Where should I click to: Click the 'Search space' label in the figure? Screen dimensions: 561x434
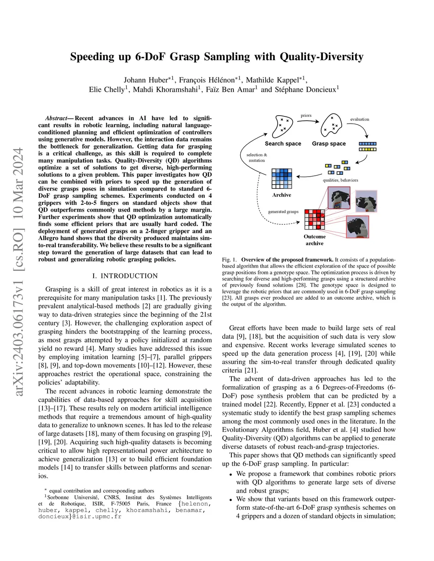(x=283, y=144)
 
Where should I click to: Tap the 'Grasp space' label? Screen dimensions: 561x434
(x=328, y=144)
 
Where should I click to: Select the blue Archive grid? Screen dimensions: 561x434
(x=282, y=178)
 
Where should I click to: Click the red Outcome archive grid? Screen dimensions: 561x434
(x=314, y=219)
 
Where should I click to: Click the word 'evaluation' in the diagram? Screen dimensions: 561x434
(x=359, y=119)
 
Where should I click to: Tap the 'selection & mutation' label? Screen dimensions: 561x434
(x=257, y=158)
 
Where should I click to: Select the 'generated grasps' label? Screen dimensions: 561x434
(x=283, y=212)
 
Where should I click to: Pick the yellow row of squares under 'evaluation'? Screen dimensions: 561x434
(x=367, y=149)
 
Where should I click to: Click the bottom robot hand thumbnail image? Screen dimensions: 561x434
(x=358, y=227)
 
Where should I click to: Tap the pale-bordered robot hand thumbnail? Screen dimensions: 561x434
(x=366, y=201)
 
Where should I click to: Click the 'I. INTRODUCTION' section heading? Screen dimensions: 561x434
(x=125, y=276)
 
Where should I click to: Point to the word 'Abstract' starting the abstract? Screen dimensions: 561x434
(x=56, y=118)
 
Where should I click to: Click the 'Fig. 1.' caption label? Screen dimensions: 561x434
(x=229, y=260)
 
